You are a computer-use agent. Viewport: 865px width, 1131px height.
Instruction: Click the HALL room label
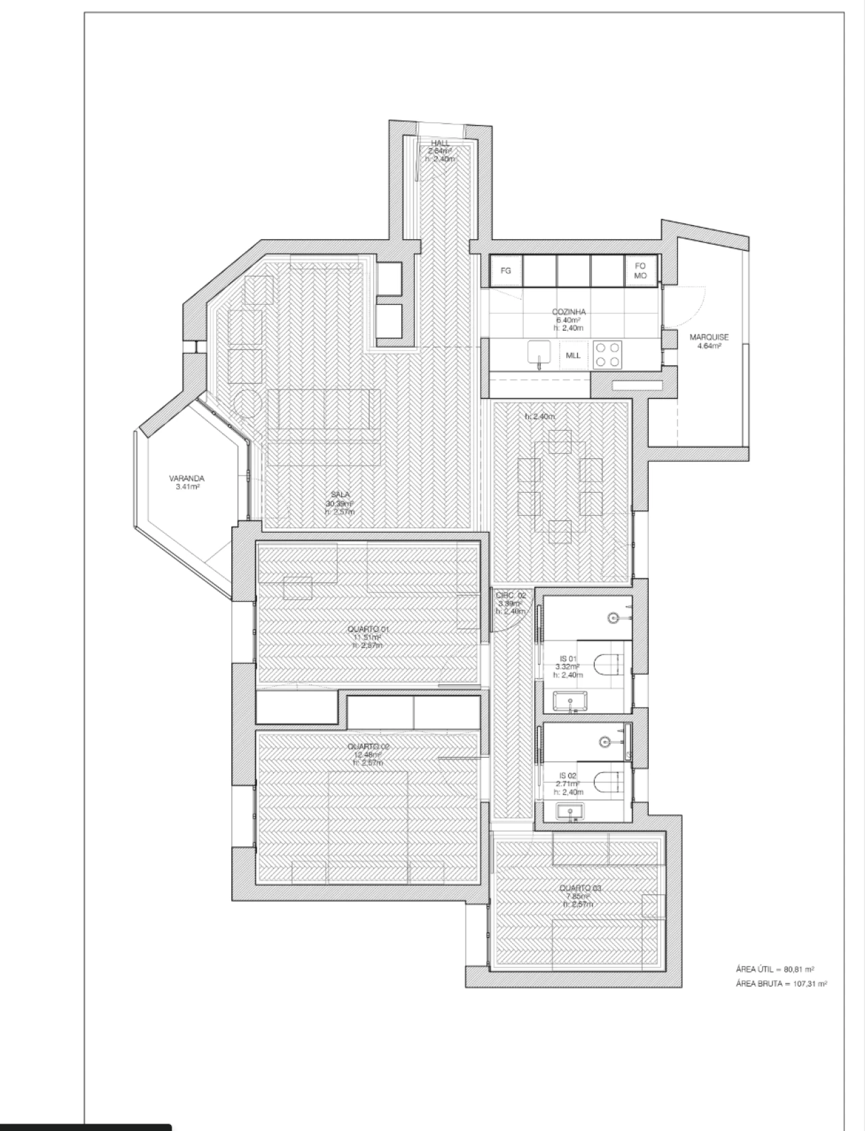coord(441,143)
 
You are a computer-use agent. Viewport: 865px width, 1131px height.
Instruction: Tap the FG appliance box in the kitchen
coord(505,270)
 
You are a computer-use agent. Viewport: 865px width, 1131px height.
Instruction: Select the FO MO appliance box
coord(640,270)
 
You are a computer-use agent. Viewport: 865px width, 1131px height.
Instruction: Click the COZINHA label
coord(568,312)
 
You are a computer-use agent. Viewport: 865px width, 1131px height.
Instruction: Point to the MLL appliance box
coord(573,355)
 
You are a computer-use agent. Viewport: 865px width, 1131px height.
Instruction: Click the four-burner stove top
coord(607,355)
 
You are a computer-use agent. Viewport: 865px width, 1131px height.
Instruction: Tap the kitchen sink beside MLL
coord(539,354)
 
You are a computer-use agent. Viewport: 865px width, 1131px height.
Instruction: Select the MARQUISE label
coord(709,337)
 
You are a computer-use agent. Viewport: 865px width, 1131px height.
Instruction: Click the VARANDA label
coord(187,479)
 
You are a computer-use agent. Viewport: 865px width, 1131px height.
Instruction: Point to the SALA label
coord(340,495)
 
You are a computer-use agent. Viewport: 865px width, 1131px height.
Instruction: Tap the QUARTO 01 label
coord(368,629)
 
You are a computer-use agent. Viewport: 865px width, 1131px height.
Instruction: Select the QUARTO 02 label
coord(368,746)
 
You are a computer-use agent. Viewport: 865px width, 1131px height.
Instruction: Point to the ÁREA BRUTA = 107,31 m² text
coord(781,984)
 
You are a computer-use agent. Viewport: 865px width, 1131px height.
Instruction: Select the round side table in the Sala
coord(248,404)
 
